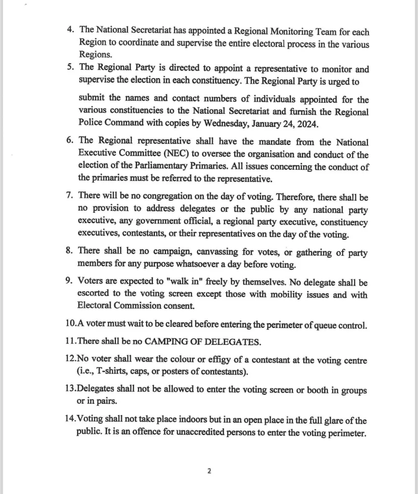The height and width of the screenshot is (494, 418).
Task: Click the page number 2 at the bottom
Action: click(x=209, y=471)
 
